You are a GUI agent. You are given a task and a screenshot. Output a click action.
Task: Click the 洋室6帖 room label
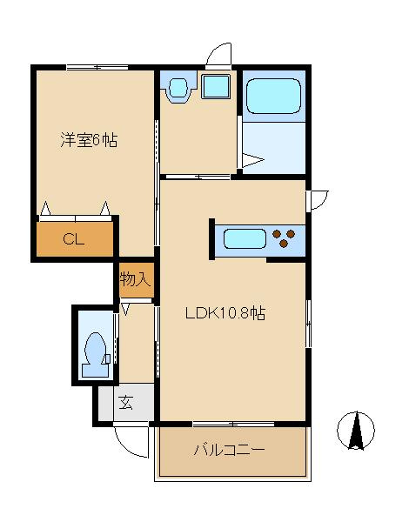[x=88, y=140]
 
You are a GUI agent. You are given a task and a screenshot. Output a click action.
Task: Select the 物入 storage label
[x=137, y=279]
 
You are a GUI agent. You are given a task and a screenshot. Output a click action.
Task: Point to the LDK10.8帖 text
[x=225, y=315]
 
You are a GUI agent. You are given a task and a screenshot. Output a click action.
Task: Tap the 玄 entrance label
[x=125, y=403]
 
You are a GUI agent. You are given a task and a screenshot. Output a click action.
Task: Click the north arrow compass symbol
[x=356, y=431]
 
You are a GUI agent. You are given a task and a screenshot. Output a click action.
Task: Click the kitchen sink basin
[x=245, y=238]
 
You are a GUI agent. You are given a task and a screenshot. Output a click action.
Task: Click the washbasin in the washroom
[x=178, y=88]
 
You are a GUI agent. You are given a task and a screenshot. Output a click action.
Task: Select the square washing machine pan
[x=214, y=87]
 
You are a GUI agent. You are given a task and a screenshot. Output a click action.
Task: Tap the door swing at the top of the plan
[x=219, y=56]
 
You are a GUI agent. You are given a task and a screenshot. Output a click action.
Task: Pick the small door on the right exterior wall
[x=318, y=199]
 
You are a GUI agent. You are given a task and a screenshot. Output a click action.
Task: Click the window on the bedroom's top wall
[x=96, y=67]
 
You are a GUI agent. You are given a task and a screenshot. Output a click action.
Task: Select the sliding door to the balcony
[x=231, y=424]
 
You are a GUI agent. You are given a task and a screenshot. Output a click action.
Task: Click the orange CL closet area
[x=75, y=241]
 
